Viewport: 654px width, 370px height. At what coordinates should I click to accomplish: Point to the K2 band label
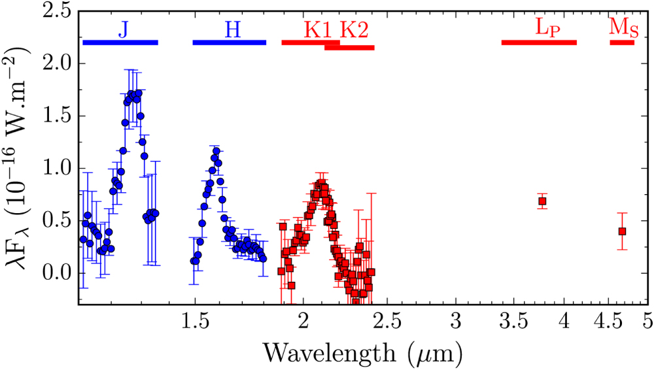coord(354,29)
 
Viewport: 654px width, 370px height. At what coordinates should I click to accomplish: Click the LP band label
coord(548,28)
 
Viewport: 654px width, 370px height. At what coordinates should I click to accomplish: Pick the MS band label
coord(622,27)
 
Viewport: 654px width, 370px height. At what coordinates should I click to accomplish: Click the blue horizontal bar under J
coord(120,42)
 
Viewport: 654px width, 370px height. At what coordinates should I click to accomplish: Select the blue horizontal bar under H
coord(229,42)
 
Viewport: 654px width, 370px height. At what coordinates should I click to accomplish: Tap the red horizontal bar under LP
coord(539,42)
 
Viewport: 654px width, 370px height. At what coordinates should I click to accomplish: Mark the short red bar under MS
coord(622,42)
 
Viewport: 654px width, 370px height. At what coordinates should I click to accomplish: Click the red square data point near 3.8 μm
coord(542,201)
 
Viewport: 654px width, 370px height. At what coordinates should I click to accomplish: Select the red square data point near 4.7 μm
coord(622,231)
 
